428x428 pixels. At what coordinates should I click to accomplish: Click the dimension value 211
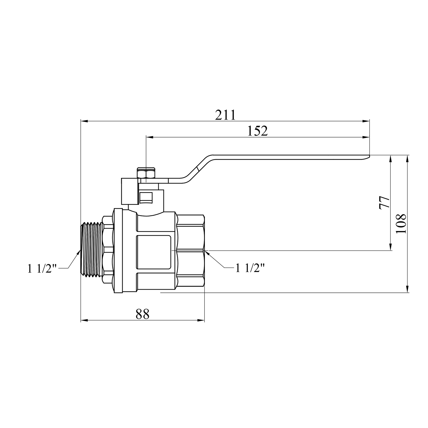225,115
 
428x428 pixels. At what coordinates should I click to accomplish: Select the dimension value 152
257,131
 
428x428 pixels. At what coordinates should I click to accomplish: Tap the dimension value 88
142,314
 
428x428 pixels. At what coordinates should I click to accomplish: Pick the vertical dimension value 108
401,223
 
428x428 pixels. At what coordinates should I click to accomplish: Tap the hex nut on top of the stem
146,173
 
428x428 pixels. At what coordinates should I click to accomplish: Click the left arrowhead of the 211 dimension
85,121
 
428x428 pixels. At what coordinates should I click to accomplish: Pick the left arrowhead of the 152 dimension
150,138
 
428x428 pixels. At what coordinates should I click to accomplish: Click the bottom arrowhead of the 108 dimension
407,289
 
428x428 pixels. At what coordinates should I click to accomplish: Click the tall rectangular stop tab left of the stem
126,191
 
